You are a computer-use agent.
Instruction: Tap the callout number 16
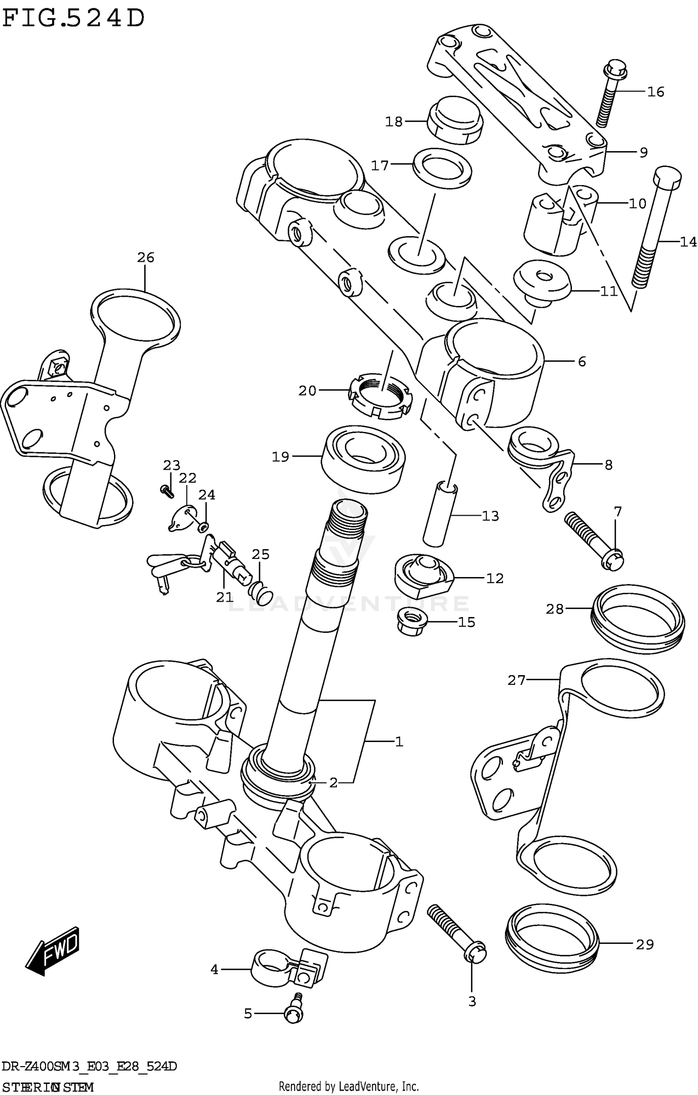[655, 92]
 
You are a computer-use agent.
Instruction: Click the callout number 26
[145, 257]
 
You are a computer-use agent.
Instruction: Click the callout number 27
[516, 681]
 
